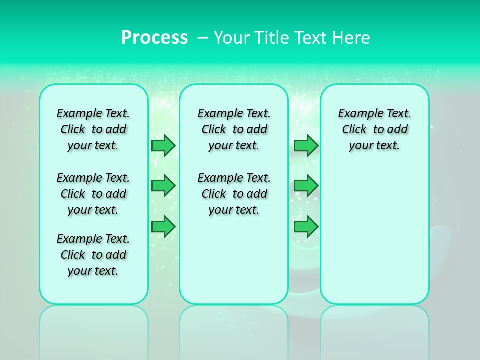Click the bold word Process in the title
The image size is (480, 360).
coord(154,38)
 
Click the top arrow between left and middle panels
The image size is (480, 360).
coord(163,145)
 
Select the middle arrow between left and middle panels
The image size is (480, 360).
coord(163,186)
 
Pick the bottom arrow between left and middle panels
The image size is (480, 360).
coord(163,226)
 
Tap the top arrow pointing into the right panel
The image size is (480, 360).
coord(306,145)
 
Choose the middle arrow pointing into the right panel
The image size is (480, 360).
coord(306,186)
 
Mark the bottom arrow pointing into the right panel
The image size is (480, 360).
coord(306,226)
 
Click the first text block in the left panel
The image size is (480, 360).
coord(93,129)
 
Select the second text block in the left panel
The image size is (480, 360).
coord(93,194)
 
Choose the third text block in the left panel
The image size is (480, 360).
coord(93,255)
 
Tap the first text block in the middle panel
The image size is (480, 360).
coord(234,129)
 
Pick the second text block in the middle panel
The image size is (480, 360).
coord(234,194)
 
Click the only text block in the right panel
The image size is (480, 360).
coord(375,129)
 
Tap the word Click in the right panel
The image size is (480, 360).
coord(354,130)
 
